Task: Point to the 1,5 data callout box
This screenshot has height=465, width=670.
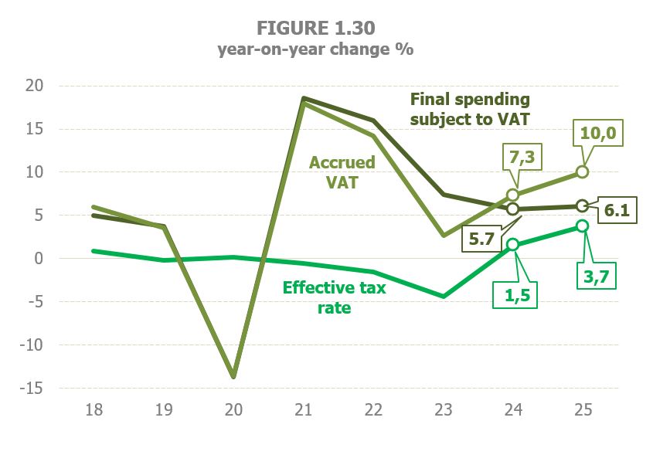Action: click(x=513, y=294)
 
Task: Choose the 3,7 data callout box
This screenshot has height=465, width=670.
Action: click(x=597, y=274)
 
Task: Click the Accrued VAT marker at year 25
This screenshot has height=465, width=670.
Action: click(x=583, y=171)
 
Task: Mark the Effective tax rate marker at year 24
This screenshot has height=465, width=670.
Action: click(x=512, y=245)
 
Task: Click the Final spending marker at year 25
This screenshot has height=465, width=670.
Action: click(x=583, y=205)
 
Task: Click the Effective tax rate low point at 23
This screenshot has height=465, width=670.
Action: click(x=443, y=296)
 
